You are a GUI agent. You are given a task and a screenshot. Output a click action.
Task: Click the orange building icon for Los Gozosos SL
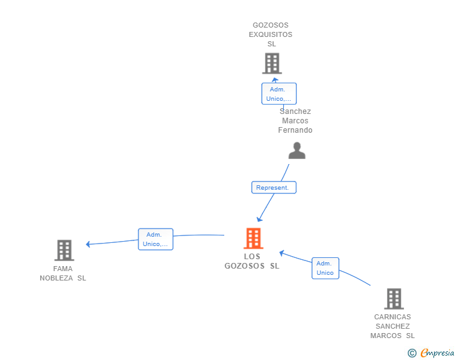253,239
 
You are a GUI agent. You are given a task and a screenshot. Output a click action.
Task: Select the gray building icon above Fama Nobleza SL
65,250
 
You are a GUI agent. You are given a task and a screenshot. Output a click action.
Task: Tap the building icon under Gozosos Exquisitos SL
272,63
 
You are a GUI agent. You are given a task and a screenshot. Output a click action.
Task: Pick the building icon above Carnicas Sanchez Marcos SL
394,299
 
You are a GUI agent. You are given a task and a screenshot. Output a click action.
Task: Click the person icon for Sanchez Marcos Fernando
297,151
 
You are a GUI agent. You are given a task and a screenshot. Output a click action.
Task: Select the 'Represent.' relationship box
274,188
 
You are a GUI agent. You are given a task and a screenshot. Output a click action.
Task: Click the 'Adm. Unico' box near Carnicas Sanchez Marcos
326,268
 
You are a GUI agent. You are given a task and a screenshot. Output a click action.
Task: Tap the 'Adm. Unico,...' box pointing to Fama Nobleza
155,239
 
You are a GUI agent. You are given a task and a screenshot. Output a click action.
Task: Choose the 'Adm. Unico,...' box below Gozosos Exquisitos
279,94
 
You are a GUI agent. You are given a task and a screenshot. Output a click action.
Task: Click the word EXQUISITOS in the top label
271,34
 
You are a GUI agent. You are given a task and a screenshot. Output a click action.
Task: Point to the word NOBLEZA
56,278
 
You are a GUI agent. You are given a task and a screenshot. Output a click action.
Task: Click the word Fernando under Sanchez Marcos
295,130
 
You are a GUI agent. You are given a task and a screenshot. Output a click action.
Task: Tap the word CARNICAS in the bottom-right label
392,317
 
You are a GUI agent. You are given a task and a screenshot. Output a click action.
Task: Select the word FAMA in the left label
63,269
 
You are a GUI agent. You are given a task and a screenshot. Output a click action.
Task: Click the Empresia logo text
437,353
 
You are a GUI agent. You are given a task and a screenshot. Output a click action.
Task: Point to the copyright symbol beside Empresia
412,353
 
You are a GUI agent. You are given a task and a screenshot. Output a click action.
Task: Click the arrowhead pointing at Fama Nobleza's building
88,244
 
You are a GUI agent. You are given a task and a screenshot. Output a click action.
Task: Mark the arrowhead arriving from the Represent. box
259,219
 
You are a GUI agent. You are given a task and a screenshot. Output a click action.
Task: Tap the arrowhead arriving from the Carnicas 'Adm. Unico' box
281,253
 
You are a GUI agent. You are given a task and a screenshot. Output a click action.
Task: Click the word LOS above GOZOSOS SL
252,257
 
